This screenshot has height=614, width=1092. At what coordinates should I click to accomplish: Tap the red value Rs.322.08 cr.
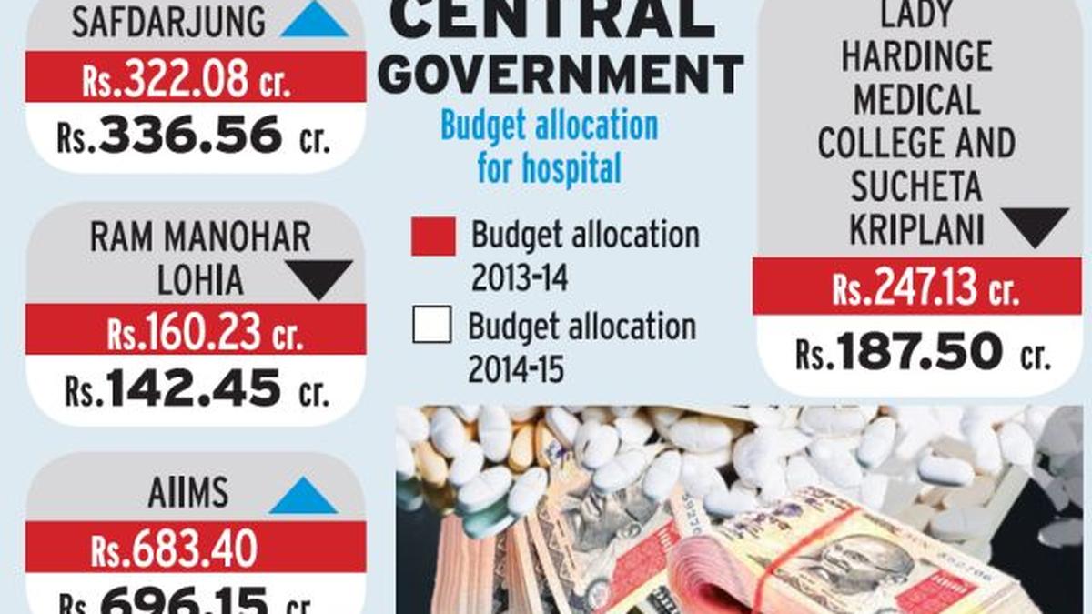(x=187, y=83)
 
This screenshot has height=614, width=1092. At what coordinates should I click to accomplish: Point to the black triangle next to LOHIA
(x=318, y=277)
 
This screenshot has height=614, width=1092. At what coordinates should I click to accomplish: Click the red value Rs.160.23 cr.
(x=204, y=334)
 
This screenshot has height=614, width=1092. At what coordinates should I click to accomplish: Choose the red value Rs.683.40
(x=174, y=549)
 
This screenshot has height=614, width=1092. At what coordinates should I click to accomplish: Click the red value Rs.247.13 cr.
(x=925, y=289)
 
